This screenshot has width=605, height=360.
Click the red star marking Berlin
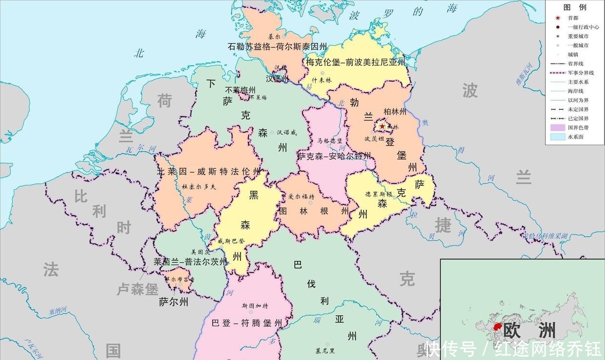tap(382, 127)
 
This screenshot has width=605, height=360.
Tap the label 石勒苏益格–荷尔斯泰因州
tap(277, 47)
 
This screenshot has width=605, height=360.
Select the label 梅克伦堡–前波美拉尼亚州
tap(356, 62)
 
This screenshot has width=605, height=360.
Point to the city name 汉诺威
tap(286, 132)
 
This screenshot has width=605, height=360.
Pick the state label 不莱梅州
tap(240, 90)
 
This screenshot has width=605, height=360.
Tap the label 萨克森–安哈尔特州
tap(334, 156)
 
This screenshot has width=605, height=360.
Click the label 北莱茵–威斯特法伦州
tap(209, 172)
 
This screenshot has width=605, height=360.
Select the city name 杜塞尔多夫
tap(199, 186)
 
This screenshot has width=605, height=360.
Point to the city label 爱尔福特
tap(301, 197)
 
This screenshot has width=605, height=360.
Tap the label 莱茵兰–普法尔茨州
tap(190, 261)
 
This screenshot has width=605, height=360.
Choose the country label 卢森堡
tap(137, 289)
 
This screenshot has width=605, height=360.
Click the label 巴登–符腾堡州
tap(247, 323)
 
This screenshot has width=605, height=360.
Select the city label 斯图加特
tap(255, 306)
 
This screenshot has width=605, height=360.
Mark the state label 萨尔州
tap(174, 302)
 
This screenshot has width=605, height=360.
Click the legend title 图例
tap(574, 7)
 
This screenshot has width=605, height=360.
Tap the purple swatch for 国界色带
tap(557, 127)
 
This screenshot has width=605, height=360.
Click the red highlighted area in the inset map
tap(498, 326)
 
